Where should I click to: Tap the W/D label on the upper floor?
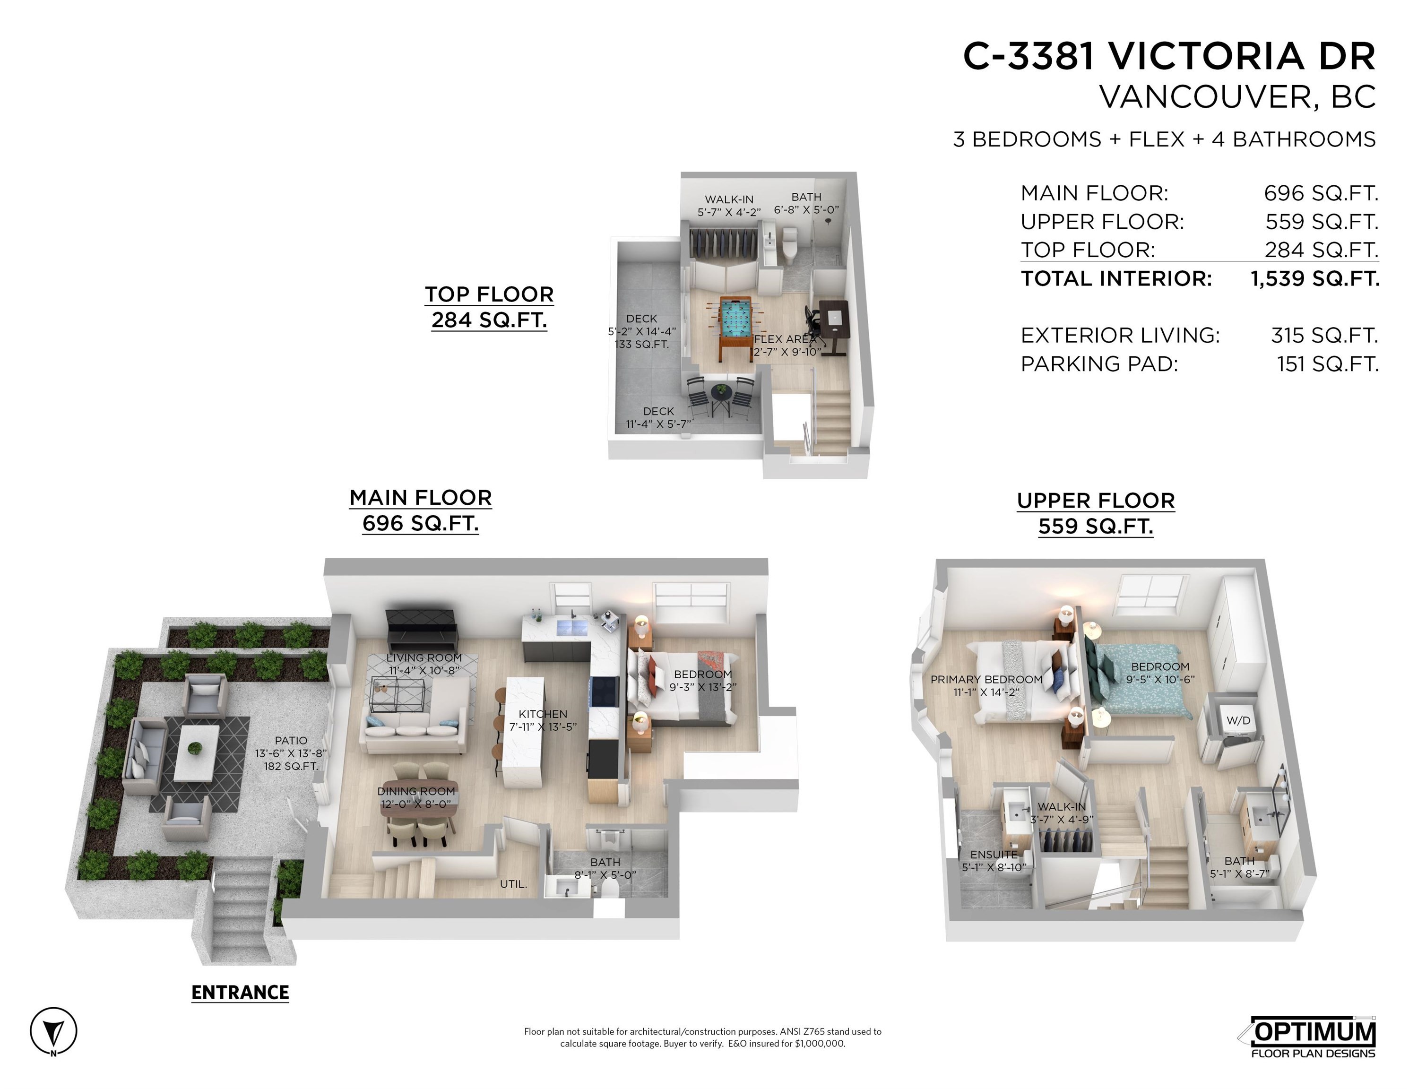1238,721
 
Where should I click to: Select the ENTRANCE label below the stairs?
240,992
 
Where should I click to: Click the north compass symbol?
53,1031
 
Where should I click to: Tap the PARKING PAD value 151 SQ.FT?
1327,364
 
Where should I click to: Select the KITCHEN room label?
543,714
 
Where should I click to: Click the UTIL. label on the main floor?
513,884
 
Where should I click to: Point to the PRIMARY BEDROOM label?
986,679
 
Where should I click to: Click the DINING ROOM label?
416,791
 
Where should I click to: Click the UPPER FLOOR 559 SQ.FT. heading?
1096,513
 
